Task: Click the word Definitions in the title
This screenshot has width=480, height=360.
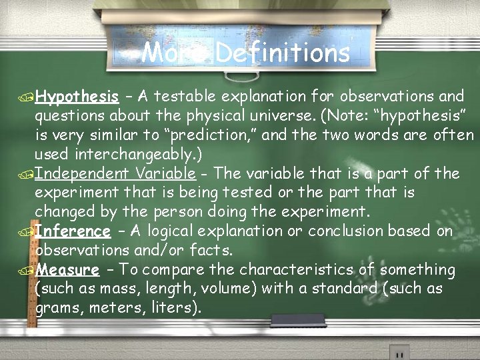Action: click(283, 53)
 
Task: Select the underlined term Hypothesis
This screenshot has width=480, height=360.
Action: click(77, 97)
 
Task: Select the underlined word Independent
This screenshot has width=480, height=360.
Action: click(81, 174)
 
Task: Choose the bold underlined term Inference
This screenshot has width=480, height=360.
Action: click(73, 231)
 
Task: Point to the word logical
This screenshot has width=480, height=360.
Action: click(177, 231)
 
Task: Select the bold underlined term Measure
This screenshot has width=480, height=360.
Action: click(67, 270)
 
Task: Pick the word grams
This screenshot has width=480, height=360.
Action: click(58, 309)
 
